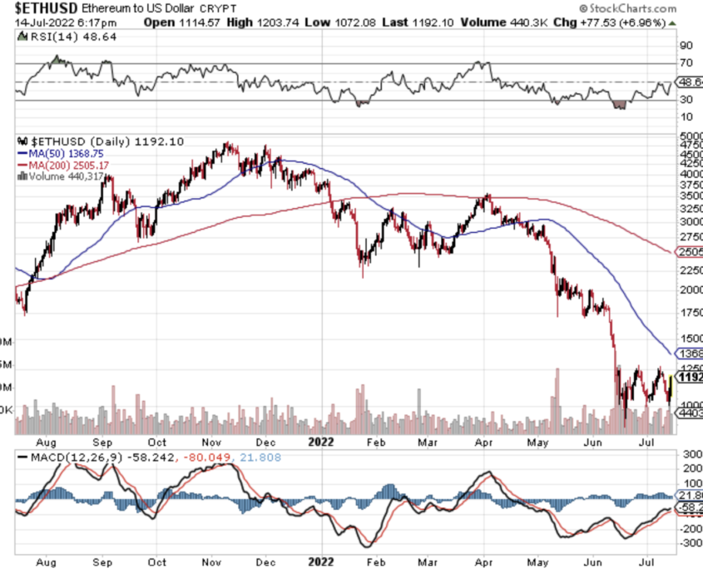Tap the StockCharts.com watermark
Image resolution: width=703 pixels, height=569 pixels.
click(x=653, y=7)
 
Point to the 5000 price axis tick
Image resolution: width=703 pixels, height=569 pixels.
click(x=691, y=136)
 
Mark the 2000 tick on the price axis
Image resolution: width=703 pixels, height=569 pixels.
click(x=691, y=289)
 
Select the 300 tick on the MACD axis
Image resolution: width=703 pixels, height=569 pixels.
click(x=691, y=455)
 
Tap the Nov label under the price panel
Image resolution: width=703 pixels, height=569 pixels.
click(x=210, y=442)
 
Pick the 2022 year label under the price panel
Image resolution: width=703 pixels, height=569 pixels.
click(x=320, y=442)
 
